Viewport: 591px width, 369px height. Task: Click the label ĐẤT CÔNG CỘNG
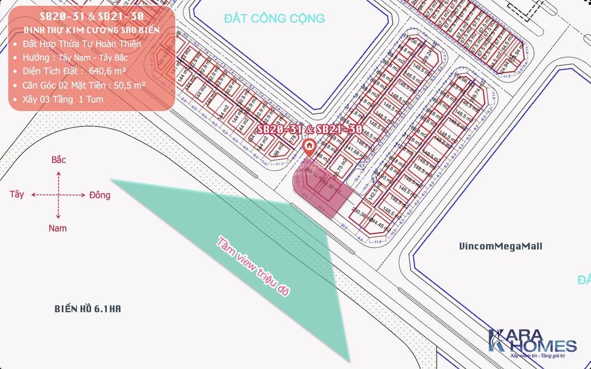[x=274, y=18]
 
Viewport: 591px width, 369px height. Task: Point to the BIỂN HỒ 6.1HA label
[x=88, y=308]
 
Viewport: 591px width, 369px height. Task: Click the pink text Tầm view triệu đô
[x=254, y=266]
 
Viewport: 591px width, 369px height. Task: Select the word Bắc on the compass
[x=59, y=160]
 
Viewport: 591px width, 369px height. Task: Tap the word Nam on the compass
[x=58, y=228]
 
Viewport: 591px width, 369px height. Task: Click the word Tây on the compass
[x=17, y=195]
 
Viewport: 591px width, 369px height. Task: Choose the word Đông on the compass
[x=99, y=195]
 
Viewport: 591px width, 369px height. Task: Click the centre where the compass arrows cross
[x=58, y=195]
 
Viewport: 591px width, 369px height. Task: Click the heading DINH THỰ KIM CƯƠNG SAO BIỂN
[x=92, y=30]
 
